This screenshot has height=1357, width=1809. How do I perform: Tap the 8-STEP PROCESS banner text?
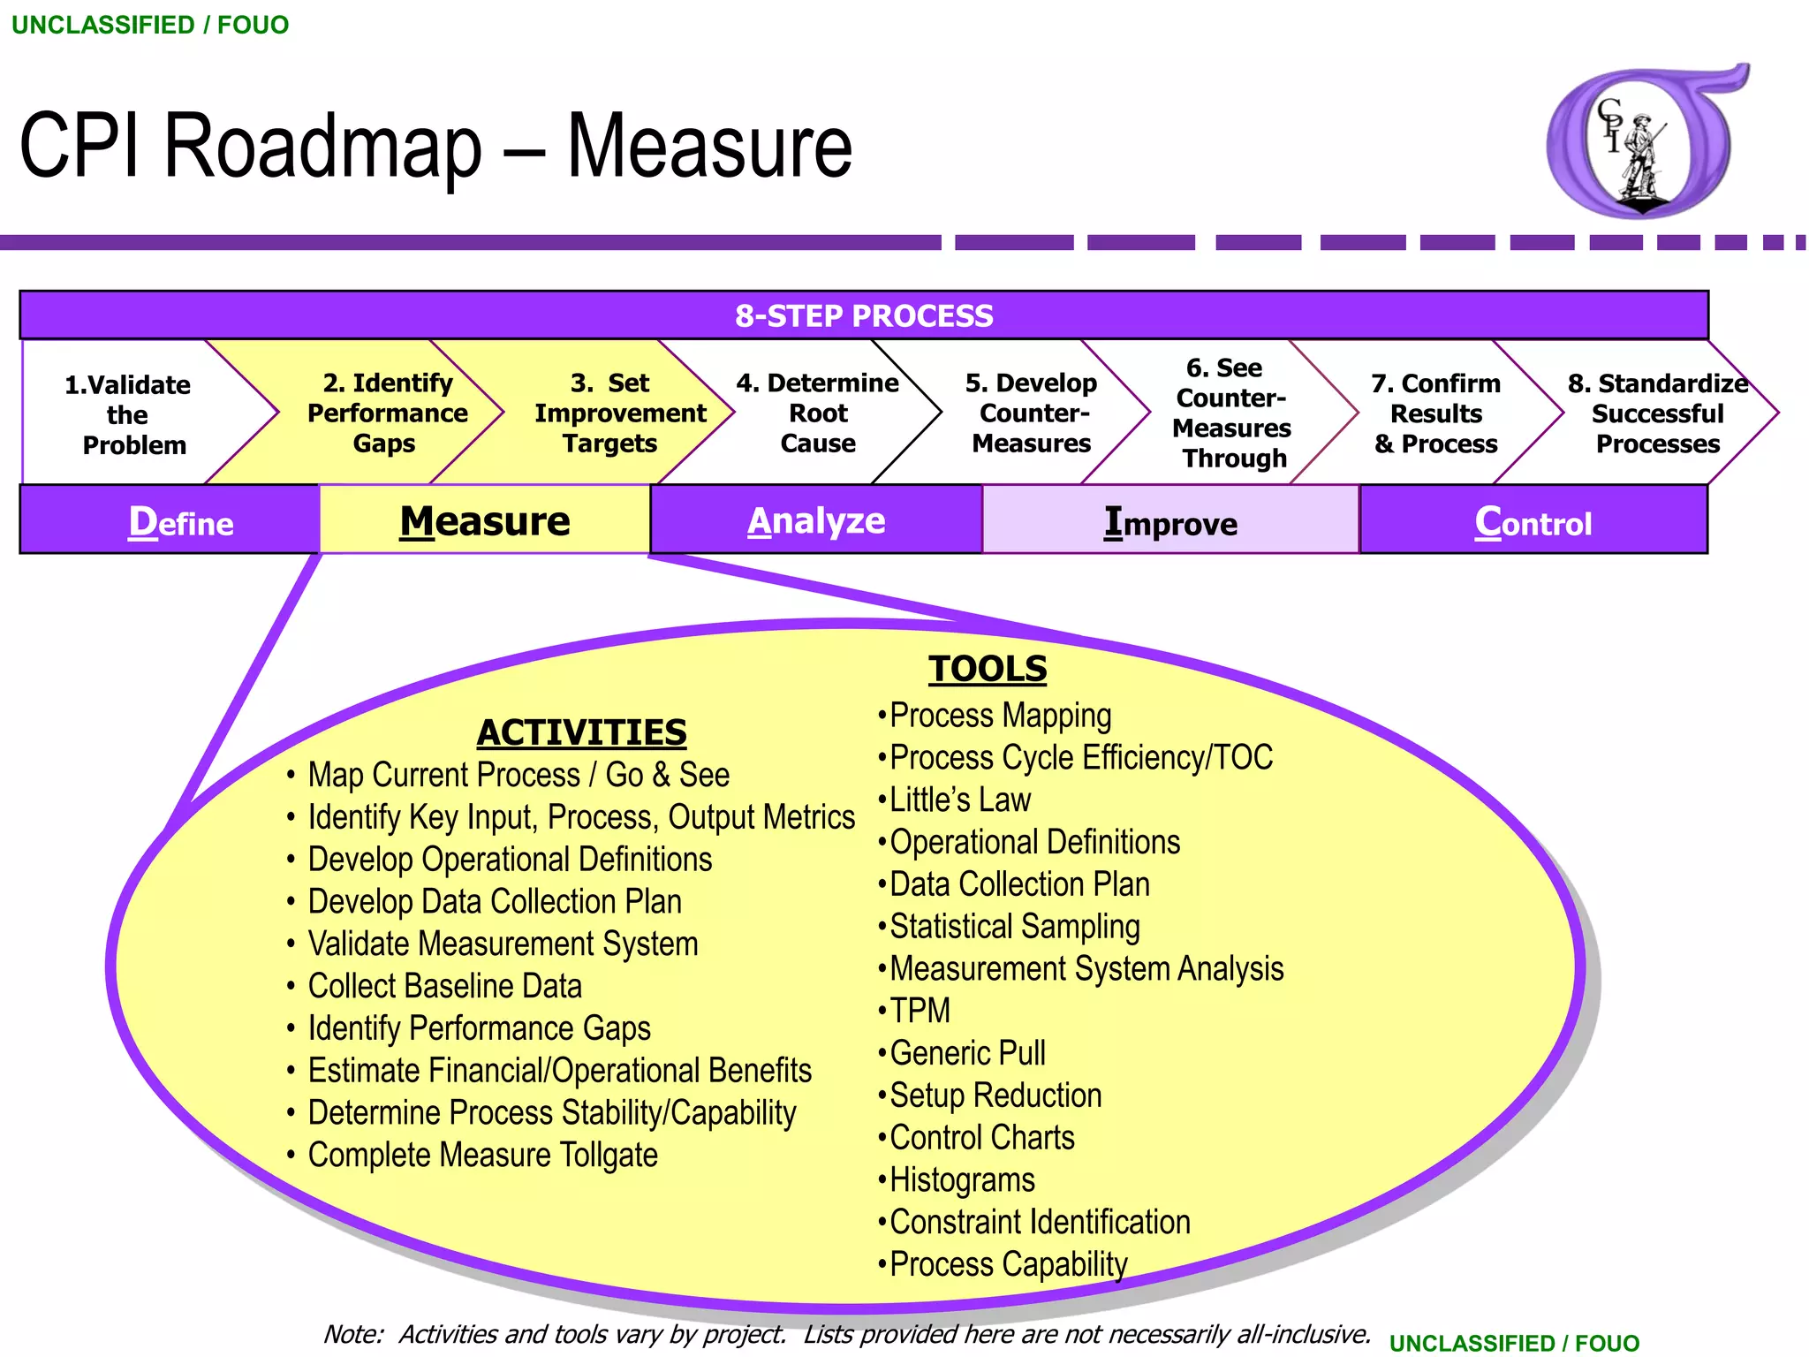point(864,315)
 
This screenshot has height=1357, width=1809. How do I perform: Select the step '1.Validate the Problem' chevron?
point(128,414)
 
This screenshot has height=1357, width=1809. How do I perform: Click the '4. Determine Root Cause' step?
point(817,413)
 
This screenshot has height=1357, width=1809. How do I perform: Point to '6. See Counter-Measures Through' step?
point(1231,413)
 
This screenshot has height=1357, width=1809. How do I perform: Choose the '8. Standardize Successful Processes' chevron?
point(1657,413)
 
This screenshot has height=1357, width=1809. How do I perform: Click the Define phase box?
point(180,521)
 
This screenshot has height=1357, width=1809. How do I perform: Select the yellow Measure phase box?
point(485,520)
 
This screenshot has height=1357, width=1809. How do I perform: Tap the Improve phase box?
point(1170,522)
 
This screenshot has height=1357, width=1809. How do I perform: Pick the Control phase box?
point(1533,522)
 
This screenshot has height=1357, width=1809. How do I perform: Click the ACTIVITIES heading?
point(581,732)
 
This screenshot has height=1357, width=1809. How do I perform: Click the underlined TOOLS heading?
point(987,669)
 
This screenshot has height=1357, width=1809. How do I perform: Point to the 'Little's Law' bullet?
point(959,800)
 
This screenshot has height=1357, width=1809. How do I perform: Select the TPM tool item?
point(920,1011)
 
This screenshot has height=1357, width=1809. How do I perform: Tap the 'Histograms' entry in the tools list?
point(961,1179)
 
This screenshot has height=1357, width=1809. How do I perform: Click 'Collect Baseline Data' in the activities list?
point(444,986)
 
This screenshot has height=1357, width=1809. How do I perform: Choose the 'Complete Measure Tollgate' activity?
point(482,1155)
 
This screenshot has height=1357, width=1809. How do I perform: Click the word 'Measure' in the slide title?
point(708,146)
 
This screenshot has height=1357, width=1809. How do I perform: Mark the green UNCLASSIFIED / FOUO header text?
point(150,25)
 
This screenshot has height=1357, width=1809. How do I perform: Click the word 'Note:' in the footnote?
point(353,1334)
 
